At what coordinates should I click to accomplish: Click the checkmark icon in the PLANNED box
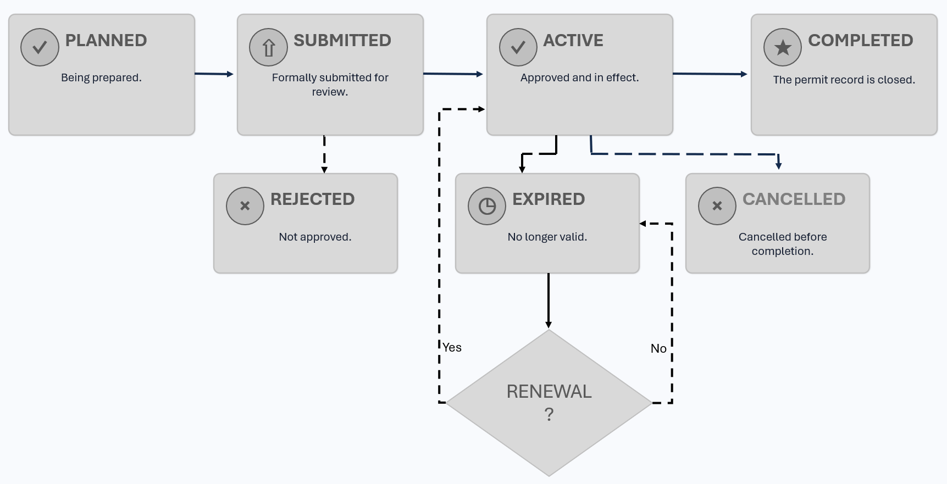click(40, 47)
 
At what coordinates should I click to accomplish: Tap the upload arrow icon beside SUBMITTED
click(268, 47)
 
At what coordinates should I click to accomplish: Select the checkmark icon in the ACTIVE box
click(518, 47)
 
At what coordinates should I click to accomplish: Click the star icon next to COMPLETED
click(783, 47)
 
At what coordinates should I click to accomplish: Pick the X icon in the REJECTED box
click(245, 206)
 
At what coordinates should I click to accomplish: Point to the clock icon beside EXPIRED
click(487, 206)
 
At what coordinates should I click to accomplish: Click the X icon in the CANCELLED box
click(717, 206)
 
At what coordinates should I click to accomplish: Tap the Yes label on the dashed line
click(452, 347)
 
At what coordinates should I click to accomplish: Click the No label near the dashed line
click(658, 348)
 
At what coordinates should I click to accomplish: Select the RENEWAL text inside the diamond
click(549, 391)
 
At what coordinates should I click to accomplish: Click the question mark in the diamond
click(549, 414)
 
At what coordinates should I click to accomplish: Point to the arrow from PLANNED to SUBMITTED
click(214, 74)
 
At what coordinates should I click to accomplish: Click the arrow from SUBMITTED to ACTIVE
click(453, 74)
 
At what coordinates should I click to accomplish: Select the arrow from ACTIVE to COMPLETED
click(710, 74)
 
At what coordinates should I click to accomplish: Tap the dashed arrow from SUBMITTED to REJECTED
click(324, 154)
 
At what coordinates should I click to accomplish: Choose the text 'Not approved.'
click(315, 237)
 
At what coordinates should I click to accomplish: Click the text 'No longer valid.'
click(547, 237)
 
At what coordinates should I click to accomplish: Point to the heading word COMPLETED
click(861, 40)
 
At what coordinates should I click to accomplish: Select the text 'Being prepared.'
click(101, 77)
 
